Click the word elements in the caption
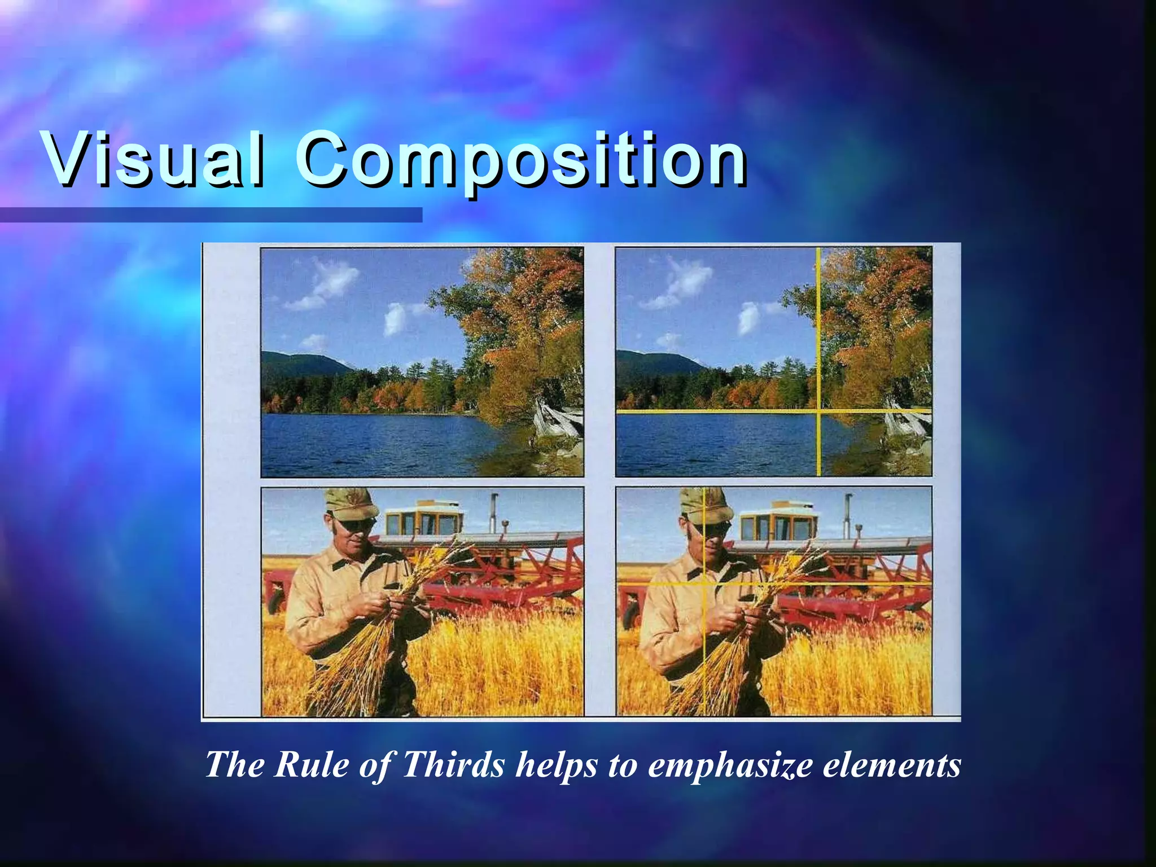point(892,765)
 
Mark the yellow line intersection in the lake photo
point(818,411)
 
